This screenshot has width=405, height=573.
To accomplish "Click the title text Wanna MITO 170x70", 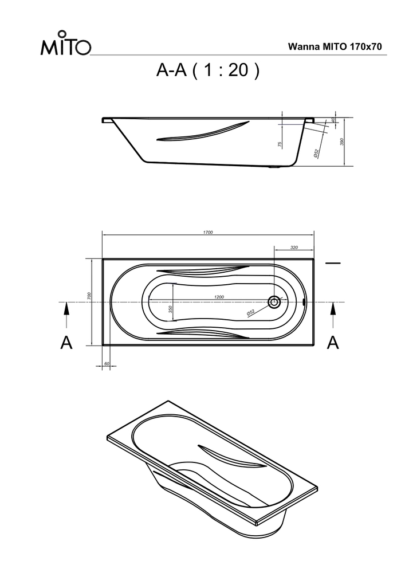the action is [x=335, y=47].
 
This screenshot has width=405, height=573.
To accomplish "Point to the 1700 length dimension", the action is [x=208, y=232].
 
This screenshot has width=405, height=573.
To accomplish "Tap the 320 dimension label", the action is [x=294, y=248].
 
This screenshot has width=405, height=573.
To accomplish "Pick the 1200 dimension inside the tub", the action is [x=219, y=297].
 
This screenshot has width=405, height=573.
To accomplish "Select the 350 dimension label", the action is [x=170, y=309].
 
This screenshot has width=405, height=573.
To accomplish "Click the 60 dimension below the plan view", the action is [x=107, y=364].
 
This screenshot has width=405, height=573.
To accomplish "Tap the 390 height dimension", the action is [x=342, y=142].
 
